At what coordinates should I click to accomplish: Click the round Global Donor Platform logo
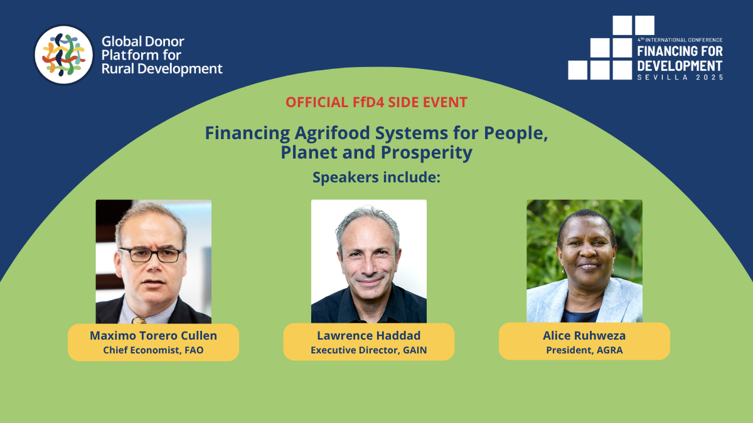pos(64,55)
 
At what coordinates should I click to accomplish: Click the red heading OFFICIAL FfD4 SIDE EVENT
pos(376,102)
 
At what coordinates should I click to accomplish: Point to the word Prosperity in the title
pos(427,152)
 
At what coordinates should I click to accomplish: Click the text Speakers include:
pos(376,177)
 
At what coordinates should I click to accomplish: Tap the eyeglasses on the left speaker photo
pos(151,254)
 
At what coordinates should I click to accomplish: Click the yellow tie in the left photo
pos(139,320)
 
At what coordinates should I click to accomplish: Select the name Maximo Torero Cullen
pos(153,335)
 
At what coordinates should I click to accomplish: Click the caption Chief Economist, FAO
pos(153,350)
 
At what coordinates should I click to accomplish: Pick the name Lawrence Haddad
pos(369,335)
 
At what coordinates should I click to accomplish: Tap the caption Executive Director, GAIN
pos(369,350)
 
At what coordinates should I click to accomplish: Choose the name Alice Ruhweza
pos(584,335)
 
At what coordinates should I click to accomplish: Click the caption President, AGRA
pos(584,350)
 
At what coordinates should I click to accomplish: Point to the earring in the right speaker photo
pos(563,270)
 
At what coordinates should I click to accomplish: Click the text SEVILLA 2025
pos(680,77)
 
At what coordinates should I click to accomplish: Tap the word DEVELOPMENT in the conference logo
pos(680,66)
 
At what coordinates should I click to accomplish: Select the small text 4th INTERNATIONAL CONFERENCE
pos(680,40)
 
